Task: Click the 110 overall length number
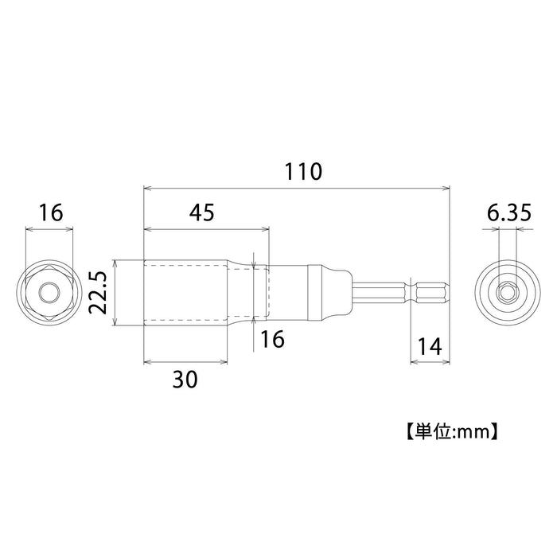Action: (296, 172)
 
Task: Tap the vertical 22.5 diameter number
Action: (98, 294)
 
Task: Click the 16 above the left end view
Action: (50, 213)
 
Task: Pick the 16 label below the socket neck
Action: (272, 340)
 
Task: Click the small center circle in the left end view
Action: (50, 294)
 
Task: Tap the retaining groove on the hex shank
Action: (411, 294)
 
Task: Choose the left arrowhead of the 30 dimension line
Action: (148, 361)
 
